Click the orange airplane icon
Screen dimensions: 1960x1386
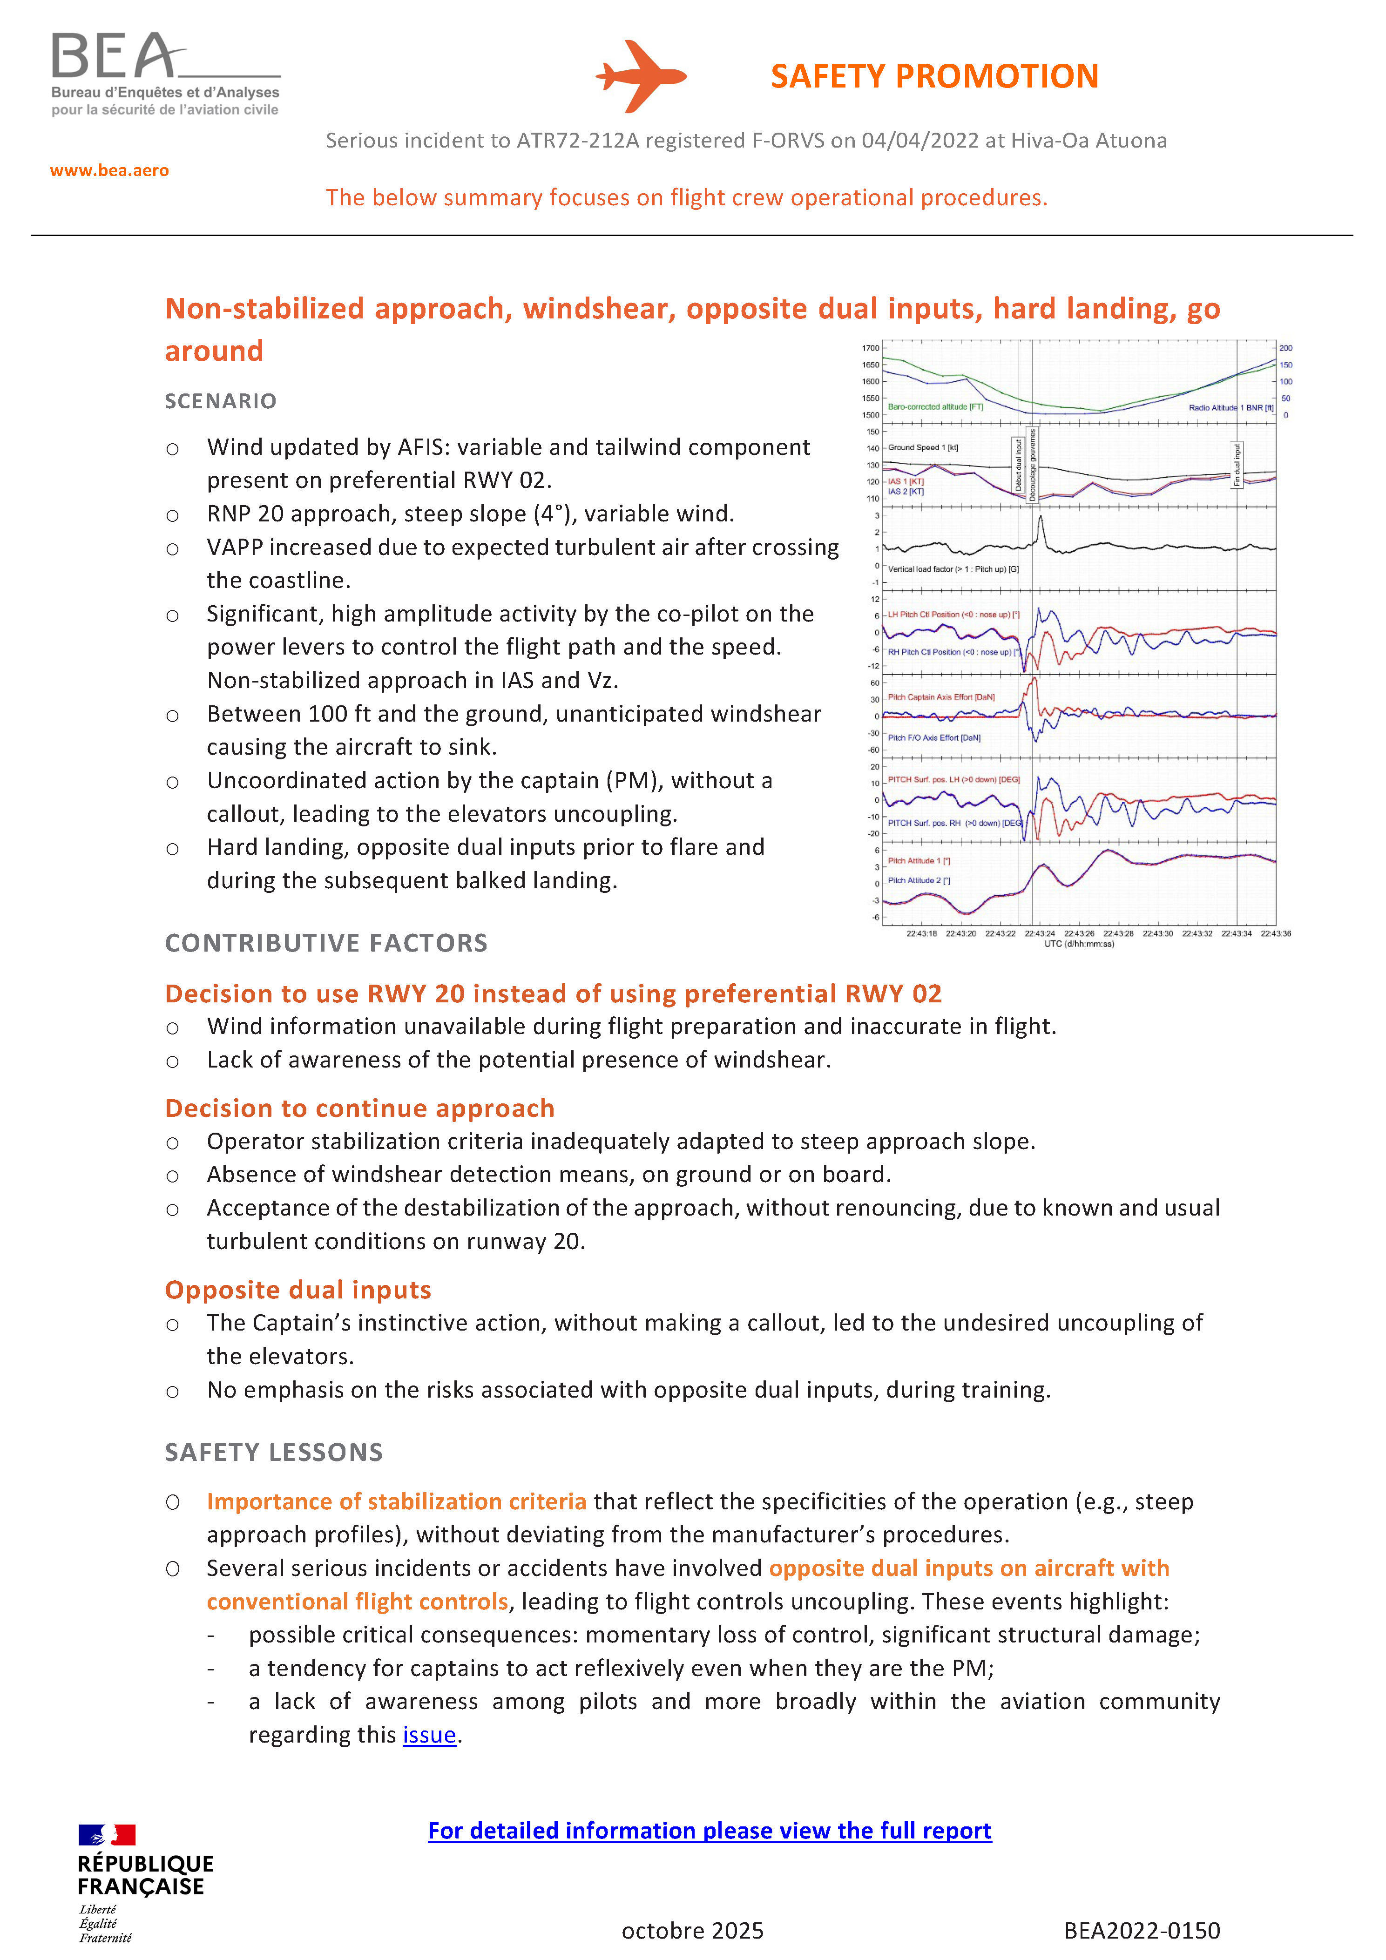(x=640, y=76)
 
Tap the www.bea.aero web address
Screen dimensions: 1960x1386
(x=109, y=171)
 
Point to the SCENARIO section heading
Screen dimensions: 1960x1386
(x=220, y=401)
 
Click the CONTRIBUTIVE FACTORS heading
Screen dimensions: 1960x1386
(x=326, y=943)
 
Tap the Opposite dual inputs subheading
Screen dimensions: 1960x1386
(x=298, y=1290)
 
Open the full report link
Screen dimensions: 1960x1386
(x=709, y=1831)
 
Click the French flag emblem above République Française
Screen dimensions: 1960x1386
(x=107, y=1834)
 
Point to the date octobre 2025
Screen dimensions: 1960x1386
(x=692, y=1931)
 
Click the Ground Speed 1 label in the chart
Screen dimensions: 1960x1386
(x=923, y=447)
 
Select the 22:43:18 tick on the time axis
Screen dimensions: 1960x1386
(x=922, y=934)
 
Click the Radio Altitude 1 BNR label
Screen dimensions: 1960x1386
(x=1230, y=408)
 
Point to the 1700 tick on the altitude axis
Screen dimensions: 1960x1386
(x=871, y=348)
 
